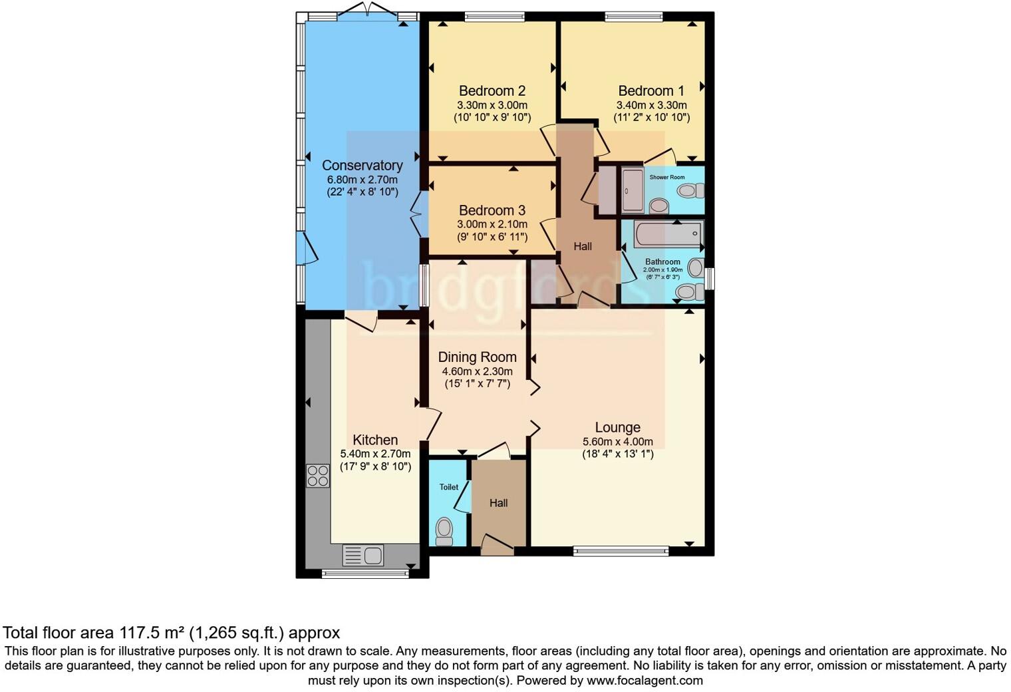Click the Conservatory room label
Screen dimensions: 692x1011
pos(362,165)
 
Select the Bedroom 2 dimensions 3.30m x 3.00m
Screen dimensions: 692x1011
pos(492,105)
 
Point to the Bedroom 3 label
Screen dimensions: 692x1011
pos(492,210)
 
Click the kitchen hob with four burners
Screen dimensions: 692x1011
pos(318,476)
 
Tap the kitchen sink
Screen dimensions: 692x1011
pos(363,554)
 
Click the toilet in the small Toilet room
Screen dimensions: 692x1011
pos(444,532)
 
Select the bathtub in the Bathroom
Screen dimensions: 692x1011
pos(668,234)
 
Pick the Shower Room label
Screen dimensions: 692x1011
pos(666,177)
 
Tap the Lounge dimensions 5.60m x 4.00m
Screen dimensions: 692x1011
pos(617,442)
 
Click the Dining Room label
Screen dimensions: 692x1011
pos(477,357)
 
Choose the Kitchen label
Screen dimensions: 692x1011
pos(375,440)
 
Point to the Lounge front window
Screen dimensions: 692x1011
pos(621,551)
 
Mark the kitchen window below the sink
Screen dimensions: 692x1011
pos(364,573)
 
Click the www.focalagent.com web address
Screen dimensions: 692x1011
pos(644,680)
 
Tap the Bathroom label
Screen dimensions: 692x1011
pos(662,261)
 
